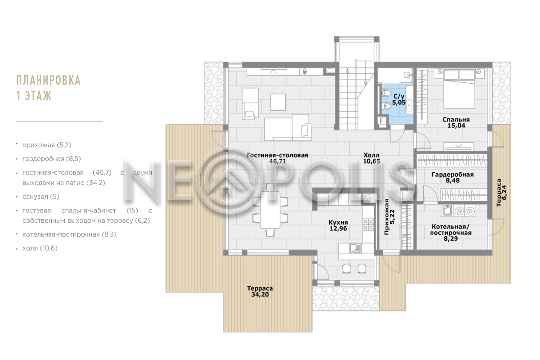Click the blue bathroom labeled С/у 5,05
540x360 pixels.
tap(397, 103)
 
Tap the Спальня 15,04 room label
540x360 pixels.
tap(456, 122)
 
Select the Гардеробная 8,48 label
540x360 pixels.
tap(453, 177)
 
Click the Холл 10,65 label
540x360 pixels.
tap(372, 158)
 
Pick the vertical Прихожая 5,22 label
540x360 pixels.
tap(389, 216)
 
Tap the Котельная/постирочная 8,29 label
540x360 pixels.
tap(450, 233)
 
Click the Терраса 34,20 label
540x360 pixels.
tap(260, 291)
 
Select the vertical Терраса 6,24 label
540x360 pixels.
tap(502, 193)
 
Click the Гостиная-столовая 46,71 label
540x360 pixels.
tap(278, 158)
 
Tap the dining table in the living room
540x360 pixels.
tap(270, 210)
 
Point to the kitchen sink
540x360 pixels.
tap(355, 248)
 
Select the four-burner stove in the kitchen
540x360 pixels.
tap(369, 225)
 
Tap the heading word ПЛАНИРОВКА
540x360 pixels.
tap(49, 80)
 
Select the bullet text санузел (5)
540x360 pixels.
tap(41, 197)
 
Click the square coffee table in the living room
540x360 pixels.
tap(278, 102)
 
